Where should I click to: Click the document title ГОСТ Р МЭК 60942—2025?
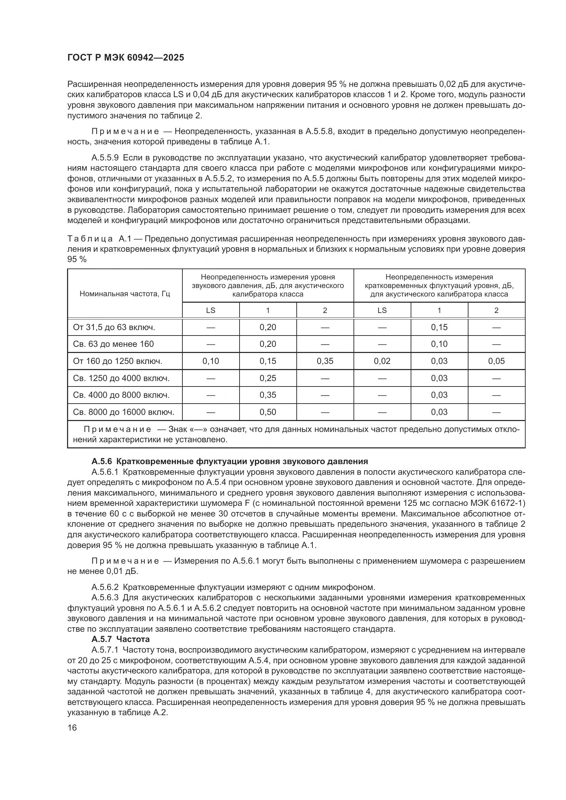(x=126, y=58)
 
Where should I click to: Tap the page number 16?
(x=72, y=727)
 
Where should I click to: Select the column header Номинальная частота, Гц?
(x=125, y=294)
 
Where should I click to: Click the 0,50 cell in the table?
(x=268, y=412)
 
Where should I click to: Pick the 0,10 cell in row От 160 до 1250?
(x=210, y=361)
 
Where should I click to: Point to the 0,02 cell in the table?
(x=382, y=361)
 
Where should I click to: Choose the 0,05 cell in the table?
(x=496, y=361)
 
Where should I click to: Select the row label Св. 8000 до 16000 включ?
(x=124, y=412)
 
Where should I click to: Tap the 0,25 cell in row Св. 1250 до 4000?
(x=268, y=378)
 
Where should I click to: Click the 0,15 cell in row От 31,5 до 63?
(x=439, y=328)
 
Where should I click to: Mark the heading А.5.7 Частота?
(x=120, y=639)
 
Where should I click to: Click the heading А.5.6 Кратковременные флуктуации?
(x=229, y=462)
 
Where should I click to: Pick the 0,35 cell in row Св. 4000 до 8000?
(x=268, y=395)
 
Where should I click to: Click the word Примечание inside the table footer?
(x=117, y=429)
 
